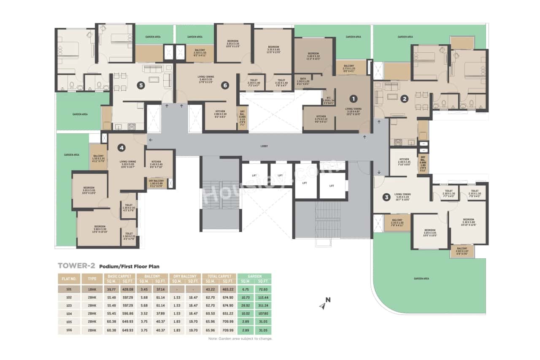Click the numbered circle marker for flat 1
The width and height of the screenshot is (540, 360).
(x=354, y=98)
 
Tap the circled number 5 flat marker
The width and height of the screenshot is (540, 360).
(x=141, y=85)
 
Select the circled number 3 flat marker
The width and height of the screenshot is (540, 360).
(x=386, y=197)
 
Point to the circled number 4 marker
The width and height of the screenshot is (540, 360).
(x=121, y=148)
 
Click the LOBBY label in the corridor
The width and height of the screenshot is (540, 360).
(x=265, y=146)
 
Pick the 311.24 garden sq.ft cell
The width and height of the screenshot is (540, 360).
(x=263, y=305)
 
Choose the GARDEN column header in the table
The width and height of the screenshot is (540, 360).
(x=254, y=276)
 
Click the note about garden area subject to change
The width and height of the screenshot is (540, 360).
(x=240, y=338)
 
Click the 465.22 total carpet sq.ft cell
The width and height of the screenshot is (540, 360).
(x=228, y=290)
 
